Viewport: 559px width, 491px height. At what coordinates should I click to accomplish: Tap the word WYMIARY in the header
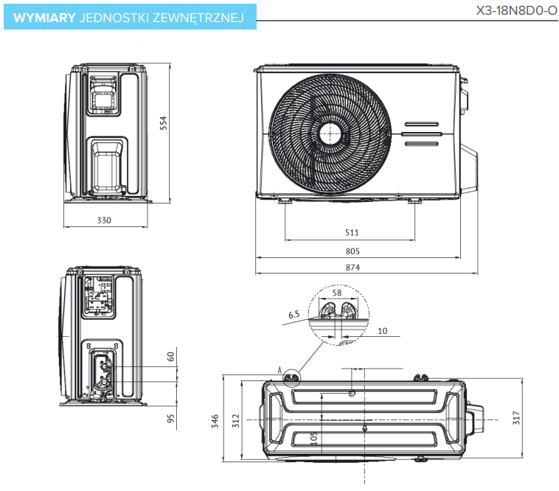[44, 18]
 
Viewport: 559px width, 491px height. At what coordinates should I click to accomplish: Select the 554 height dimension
[164, 124]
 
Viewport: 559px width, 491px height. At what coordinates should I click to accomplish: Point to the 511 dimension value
[352, 232]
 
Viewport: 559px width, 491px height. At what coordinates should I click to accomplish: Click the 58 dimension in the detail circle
[337, 293]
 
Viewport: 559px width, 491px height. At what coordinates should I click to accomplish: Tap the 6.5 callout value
[294, 315]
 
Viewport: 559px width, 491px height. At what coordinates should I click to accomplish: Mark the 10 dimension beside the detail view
[382, 330]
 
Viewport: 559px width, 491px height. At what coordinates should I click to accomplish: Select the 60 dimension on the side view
[171, 356]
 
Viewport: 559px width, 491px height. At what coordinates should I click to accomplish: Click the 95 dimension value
[171, 419]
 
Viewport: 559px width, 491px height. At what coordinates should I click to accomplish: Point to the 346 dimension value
[215, 421]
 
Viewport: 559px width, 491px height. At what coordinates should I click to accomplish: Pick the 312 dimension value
[236, 421]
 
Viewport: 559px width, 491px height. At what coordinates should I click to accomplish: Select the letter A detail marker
[280, 368]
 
